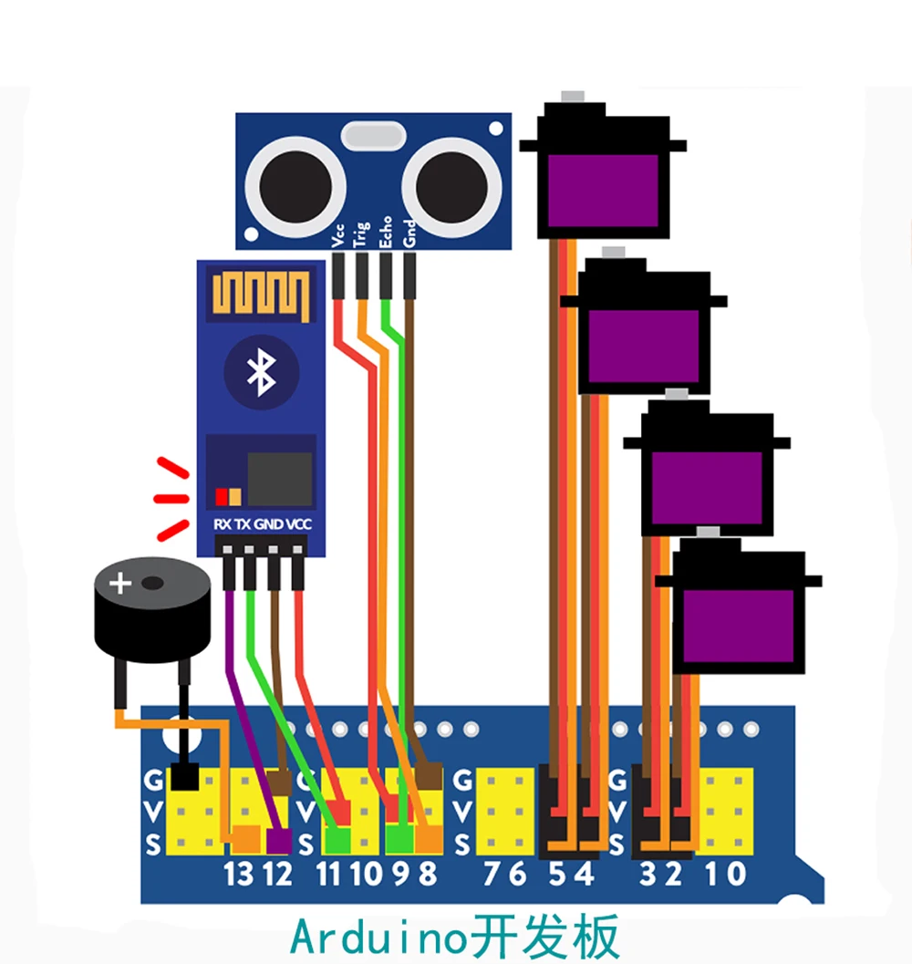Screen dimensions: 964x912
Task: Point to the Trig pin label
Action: coord(362,233)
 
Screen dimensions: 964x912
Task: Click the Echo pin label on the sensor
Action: coord(385,232)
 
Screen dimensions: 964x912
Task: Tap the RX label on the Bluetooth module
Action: coord(222,524)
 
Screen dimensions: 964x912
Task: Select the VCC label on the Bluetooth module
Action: coord(298,524)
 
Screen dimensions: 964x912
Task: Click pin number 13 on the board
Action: coord(239,875)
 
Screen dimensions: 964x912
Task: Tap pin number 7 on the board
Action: coord(492,875)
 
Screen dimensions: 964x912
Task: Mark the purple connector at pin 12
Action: coord(278,837)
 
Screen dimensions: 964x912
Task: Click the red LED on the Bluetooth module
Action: coord(221,496)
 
